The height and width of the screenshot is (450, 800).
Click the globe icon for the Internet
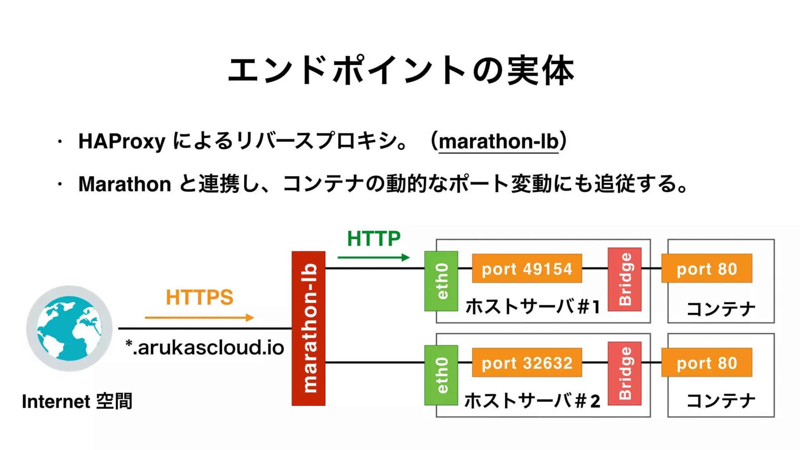[70, 328]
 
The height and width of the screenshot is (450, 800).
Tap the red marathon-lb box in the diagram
[308, 328]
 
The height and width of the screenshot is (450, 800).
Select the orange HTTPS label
[199, 297]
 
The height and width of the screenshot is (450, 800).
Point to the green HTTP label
[373, 239]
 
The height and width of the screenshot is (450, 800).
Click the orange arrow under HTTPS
[199, 318]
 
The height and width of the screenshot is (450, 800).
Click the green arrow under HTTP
[373, 257]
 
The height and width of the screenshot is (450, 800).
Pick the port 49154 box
[527, 268]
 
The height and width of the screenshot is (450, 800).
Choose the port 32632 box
[527, 362]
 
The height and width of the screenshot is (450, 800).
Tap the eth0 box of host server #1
[441, 281]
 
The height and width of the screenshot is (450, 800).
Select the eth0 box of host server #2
[441, 375]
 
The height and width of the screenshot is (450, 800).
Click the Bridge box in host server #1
[624, 279]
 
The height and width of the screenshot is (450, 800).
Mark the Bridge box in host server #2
[624, 373]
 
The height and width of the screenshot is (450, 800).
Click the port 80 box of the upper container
[706, 268]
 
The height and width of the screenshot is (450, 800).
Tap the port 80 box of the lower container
[706, 362]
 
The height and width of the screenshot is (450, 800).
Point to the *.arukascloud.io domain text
[205, 348]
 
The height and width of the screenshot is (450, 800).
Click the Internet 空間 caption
[77, 402]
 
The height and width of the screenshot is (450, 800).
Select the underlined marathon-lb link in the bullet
[498, 141]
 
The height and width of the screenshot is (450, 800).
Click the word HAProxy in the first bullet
[122, 141]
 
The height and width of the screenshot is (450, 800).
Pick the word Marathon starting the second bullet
[125, 184]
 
